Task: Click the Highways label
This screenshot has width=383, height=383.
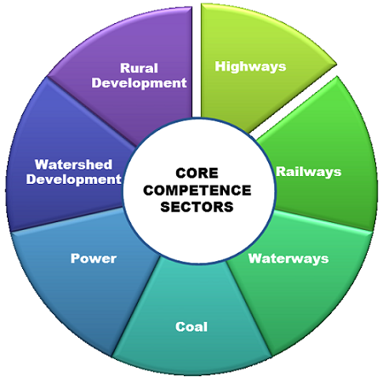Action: pos(250,66)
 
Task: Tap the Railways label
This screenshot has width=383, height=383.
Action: pos(309,172)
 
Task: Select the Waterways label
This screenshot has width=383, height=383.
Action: pos(289,259)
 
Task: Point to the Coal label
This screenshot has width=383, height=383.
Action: pos(191,327)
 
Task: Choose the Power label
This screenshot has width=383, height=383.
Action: pos(94,259)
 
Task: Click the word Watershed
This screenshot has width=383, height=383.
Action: pos(73,164)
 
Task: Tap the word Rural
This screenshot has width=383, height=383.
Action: pos(139,68)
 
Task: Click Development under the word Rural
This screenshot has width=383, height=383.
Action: pos(139,83)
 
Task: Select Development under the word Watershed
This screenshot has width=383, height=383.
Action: pos(74,180)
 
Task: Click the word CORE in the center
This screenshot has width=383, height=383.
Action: pos(197,173)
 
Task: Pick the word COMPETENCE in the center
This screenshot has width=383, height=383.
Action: pos(197,190)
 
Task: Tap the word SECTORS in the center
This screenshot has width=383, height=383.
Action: pos(197,207)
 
